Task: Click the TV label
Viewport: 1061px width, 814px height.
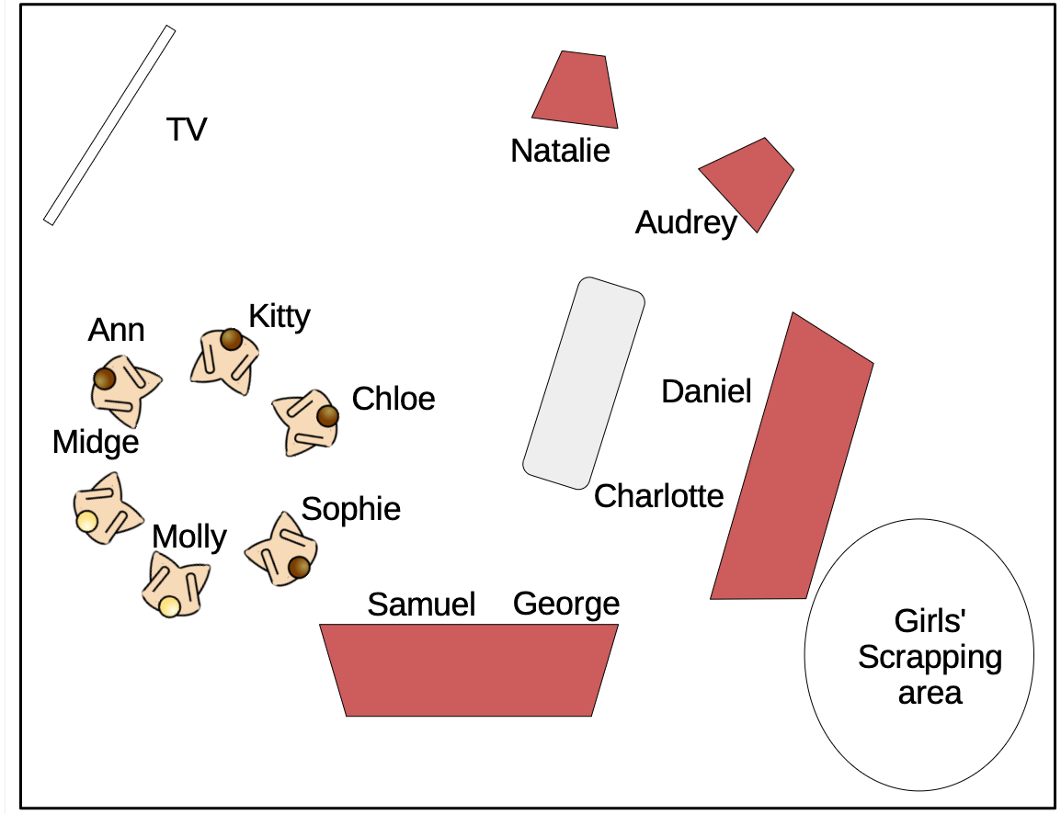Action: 187,130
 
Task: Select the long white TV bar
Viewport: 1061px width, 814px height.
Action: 109,125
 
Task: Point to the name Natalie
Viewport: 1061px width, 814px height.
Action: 560,151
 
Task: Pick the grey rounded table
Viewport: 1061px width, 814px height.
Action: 584,383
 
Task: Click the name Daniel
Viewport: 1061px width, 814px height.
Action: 706,391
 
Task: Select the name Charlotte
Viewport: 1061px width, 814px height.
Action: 658,496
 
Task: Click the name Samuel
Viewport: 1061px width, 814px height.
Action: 421,605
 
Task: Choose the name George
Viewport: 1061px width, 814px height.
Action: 565,604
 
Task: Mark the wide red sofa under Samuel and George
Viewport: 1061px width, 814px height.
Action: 469,670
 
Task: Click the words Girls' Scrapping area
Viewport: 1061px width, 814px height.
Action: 930,657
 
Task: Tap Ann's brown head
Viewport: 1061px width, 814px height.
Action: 105,379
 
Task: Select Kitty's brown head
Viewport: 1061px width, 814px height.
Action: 231,341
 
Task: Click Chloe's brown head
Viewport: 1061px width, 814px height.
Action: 327,416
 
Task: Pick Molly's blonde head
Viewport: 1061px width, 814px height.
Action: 169,606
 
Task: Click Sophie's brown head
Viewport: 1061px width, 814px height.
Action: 298,568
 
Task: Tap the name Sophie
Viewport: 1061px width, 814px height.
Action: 350,509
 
